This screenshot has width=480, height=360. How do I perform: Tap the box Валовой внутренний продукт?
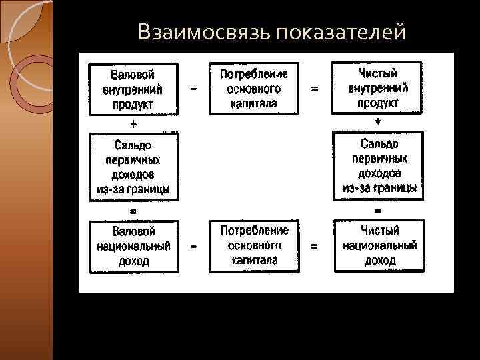(x=133, y=88)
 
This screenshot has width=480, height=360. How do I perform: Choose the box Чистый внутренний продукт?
(x=377, y=87)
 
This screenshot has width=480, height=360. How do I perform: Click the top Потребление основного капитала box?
(x=254, y=88)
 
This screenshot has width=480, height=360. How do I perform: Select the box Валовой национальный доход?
(x=133, y=247)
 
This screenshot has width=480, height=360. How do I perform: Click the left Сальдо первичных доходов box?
(x=133, y=166)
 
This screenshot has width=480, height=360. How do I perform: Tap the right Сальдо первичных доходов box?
(x=378, y=166)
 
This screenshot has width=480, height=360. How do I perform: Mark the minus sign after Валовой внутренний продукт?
(x=193, y=88)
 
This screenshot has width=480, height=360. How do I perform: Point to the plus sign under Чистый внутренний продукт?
(x=378, y=122)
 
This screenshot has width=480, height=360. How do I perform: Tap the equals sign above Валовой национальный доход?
(x=133, y=210)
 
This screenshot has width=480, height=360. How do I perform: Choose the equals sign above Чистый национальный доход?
(x=378, y=211)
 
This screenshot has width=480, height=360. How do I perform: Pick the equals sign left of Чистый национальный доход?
(x=314, y=247)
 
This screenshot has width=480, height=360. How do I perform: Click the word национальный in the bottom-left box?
(x=133, y=247)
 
